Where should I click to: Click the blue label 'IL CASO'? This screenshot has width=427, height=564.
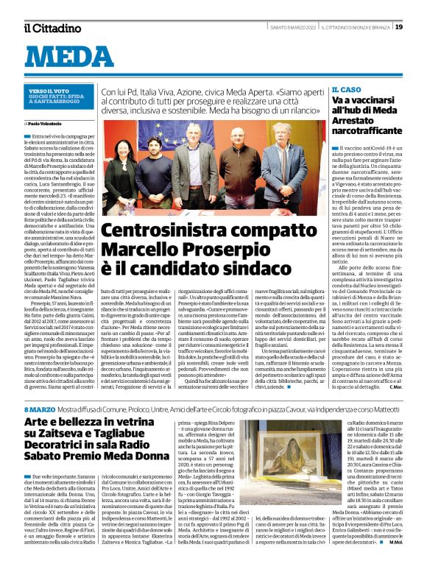(x=347, y=88)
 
